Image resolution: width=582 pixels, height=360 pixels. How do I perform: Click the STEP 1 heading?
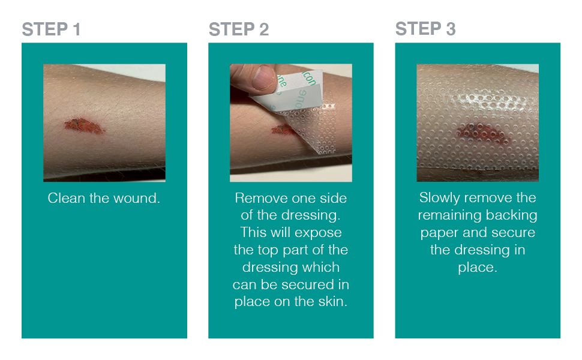[51, 29]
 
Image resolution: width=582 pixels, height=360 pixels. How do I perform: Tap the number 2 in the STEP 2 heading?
[263, 29]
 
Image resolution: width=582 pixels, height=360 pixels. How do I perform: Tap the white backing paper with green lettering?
[300, 90]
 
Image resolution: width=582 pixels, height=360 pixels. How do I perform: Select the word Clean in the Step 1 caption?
[66, 198]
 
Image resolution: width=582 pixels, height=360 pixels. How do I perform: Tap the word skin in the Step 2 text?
[333, 302]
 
